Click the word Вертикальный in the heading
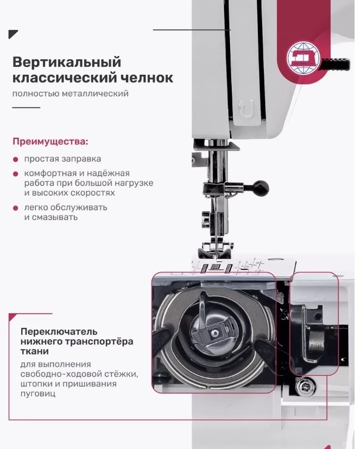pos(67,62)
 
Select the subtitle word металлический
pos(96,93)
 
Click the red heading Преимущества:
pos(50,142)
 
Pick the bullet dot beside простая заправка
pos(16,160)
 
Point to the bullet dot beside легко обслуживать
pos(16,208)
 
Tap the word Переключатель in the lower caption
pos(59,332)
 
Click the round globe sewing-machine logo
pos(304,58)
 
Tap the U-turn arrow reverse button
pos(247,109)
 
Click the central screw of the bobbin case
pos(214,332)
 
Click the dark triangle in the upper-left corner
pos(12,34)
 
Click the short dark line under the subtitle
pos(27,107)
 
